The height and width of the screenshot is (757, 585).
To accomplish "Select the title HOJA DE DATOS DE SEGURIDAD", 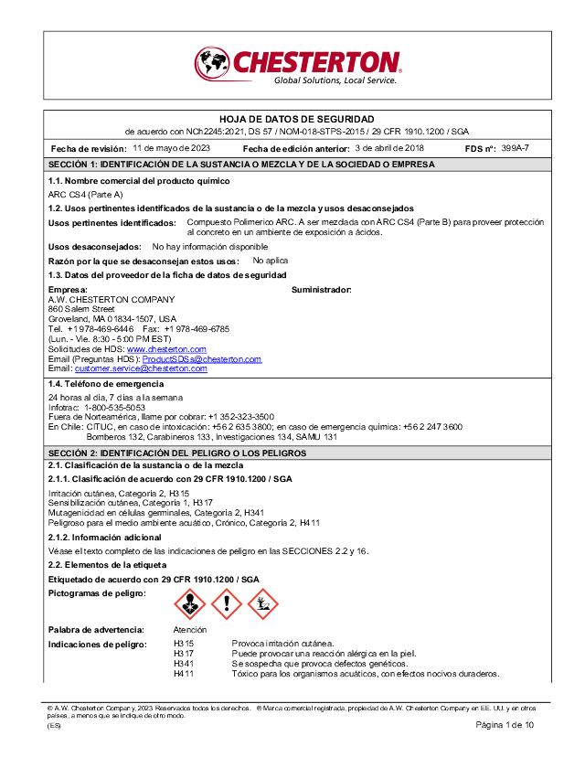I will pos(297,120).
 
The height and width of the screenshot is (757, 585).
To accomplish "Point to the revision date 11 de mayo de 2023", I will pos(172,147).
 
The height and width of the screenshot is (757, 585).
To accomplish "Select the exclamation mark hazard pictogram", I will pos(226,603).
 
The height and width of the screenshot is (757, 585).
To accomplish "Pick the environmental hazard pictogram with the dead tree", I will pos(263,603).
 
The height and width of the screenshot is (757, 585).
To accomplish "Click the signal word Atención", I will pos(190,630).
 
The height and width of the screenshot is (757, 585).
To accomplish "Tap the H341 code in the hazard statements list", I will pos(184,664).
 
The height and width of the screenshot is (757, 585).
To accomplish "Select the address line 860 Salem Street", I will pos(80,308).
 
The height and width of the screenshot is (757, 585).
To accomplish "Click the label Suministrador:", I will pos(321,289).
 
